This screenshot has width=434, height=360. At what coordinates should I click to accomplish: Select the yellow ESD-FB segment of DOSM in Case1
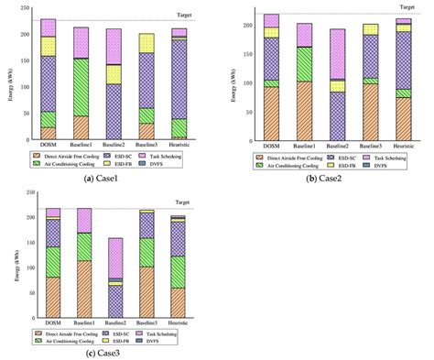pos(48,46)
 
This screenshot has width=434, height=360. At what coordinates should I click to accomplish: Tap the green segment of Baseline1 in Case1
pos(81,87)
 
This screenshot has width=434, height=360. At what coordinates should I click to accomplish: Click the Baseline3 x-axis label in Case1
pos(146,147)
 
